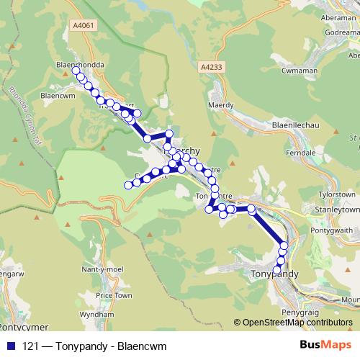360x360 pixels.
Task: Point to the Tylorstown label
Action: tap(337, 195)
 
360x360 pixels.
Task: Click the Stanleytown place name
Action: tap(330, 210)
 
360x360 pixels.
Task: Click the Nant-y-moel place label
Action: tap(101, 268)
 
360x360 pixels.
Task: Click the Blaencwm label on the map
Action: tap(58, 94)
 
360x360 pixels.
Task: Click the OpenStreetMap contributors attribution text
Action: tap(297, 323)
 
